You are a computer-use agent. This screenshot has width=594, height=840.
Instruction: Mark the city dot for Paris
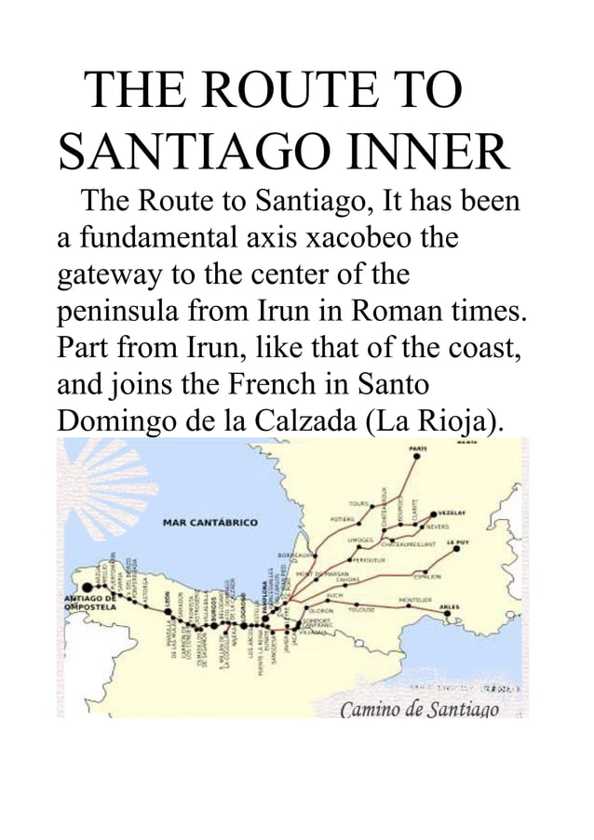click(x=417, y=457)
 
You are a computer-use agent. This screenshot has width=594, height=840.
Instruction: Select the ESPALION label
click(x=427, y=577)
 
